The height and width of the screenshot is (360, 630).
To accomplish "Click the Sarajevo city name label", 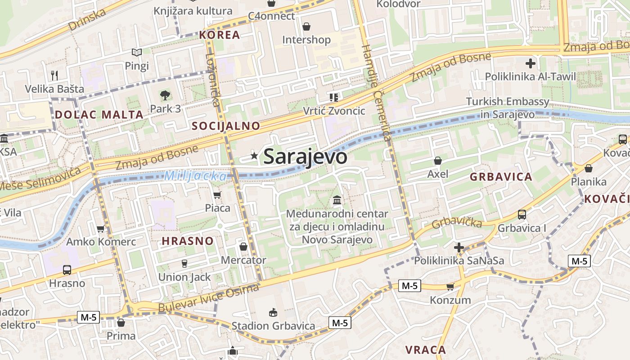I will pos(305,157).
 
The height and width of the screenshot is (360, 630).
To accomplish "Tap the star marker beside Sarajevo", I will pos(254,156).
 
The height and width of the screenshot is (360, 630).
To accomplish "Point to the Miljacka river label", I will pos(195,176).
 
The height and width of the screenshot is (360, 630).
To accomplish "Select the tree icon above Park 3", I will pos(165,95).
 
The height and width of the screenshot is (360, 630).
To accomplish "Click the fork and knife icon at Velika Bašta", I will pos(54,75).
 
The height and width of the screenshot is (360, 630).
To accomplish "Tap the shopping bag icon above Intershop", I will pos(306,27).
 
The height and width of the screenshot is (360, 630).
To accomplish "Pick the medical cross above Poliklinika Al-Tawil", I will pos(531,63).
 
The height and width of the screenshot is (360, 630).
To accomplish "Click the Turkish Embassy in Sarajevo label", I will pos(508,108).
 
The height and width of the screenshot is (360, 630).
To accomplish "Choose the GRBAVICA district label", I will pos(501,177).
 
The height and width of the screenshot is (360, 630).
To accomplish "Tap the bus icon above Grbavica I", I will pos(522,215).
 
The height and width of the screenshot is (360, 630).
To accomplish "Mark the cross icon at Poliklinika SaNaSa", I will pos(459,247).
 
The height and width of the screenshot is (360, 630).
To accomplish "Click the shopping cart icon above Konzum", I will pos(450,287).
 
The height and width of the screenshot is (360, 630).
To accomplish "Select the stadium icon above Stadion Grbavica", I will pos(273,312).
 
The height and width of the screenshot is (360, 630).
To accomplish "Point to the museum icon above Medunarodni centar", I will pos(337,200).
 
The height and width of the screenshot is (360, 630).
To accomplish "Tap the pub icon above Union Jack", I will pos(184,264).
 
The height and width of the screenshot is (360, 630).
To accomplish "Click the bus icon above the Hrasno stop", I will pos(67,270).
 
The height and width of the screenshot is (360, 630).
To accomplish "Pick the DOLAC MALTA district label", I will pos(99,114).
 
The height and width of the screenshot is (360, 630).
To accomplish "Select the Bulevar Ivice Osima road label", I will pos(209,298).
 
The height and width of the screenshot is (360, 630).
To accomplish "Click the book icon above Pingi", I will pos(137,53).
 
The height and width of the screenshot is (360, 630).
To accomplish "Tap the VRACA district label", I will pos(425,350).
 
